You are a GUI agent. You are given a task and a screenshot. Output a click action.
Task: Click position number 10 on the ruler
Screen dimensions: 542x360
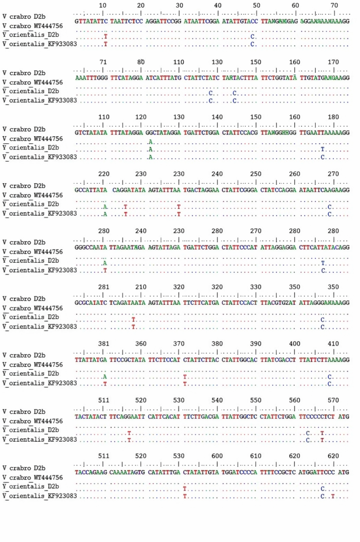tap(103, 5)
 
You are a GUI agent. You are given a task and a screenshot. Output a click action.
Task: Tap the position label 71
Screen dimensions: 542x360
tap(103, 62)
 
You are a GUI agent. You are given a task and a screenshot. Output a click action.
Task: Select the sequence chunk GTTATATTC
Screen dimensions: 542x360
tap(91, 21)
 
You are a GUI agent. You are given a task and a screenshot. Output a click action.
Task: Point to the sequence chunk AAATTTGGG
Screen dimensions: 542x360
tap(91, 78)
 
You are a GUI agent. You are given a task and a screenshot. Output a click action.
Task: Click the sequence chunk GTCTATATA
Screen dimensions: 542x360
tap(91, 133)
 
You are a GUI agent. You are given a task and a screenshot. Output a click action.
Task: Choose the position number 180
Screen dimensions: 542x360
tap(333, 117)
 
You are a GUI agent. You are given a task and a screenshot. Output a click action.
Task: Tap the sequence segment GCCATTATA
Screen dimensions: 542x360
tap(91, 190)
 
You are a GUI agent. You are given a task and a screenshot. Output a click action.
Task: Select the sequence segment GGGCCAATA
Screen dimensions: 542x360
tap(91, 247)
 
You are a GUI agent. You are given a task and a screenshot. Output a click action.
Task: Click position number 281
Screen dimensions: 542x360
tap(104, 287)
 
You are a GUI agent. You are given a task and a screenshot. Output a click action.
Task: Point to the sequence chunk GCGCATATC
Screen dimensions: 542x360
tap(91, 303)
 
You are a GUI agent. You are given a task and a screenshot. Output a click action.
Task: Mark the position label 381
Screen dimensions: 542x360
tap(104, 344)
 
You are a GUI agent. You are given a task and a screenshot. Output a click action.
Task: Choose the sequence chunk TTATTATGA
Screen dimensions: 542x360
tap(91, 360)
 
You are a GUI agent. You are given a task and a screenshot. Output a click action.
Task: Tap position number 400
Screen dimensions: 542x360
tap(295, 344)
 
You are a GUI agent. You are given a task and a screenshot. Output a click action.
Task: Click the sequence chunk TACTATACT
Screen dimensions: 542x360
tap(91, 417)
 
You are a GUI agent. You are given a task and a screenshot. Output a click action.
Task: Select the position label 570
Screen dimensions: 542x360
tap(333, 400)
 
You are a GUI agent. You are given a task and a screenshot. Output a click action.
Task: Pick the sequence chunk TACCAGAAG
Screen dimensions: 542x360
tap(91, 472)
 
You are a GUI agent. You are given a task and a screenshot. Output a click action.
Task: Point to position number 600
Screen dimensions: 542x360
tap(217, 456)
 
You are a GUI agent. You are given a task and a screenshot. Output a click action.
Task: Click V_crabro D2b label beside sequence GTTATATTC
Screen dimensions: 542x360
tap(24, 17)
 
